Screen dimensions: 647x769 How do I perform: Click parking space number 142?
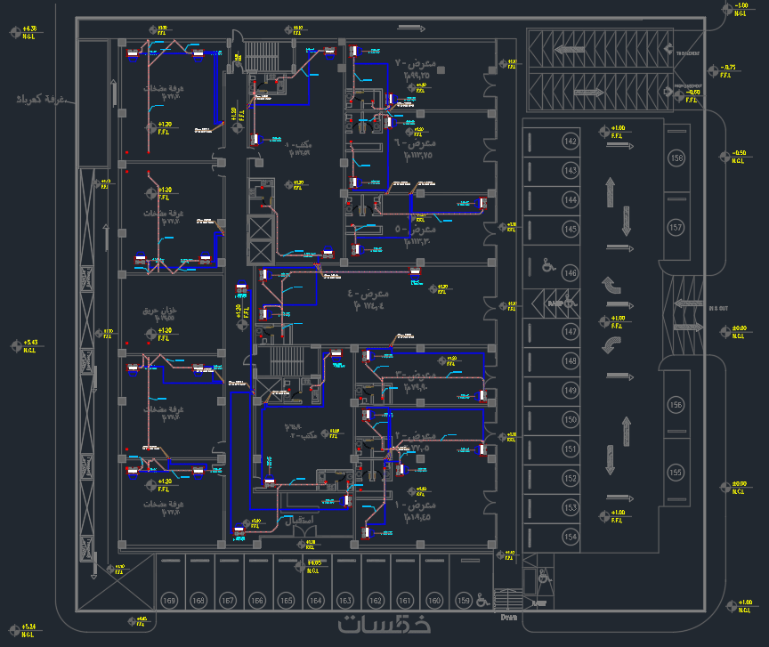[571, 142]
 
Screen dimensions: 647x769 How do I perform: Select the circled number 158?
[677, 158]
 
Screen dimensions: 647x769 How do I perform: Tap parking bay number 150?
[571, 420]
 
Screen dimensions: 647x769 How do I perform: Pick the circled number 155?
[676, 473]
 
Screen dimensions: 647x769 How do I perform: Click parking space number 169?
[170, 601]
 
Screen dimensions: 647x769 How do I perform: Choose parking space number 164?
[315, 601]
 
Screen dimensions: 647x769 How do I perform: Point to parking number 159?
[463, 601]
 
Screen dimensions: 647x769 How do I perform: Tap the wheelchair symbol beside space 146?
[548, 266]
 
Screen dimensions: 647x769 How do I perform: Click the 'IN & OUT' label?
[718, 308]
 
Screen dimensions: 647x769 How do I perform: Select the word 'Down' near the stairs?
[508, 617]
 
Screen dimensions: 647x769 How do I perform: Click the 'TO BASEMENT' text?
[686, 53]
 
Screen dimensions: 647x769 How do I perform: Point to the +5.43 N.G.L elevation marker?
[29, 345]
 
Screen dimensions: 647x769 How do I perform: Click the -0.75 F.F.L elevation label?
[726, 71]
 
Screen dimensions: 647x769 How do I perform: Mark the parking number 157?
[677, 229]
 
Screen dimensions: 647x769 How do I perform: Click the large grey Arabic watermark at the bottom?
[384, 623]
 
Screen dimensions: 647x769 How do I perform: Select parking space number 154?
[571, 537]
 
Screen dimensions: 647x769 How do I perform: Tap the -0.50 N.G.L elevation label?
[737, 157]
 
